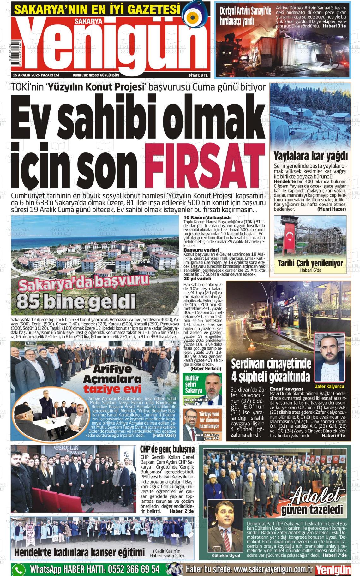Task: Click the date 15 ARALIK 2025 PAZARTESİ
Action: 36,75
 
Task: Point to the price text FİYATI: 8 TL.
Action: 198,75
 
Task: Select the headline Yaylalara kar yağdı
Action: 310,156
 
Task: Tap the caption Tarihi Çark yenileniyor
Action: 310,263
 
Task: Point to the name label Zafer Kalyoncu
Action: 329,386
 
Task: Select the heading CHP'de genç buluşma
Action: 167,449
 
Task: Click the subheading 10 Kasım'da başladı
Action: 207,217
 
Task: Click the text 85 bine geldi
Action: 76,301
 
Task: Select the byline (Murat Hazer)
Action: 331,209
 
